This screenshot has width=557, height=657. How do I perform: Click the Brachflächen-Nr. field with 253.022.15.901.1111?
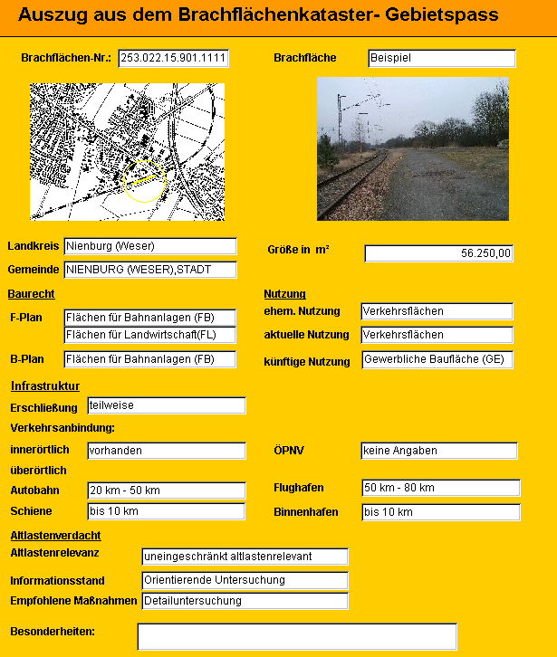click(x=173, y=58)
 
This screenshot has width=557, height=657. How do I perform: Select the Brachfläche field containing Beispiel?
click(x=441, y=58)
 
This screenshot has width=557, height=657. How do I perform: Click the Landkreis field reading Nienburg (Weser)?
click(x=149, y=246)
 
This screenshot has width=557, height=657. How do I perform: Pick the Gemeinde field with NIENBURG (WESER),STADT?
click(x=149, y=270)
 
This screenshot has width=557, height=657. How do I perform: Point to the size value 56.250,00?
click(x=438, y=253)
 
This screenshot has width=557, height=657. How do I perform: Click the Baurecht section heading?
click(x=32, y=294)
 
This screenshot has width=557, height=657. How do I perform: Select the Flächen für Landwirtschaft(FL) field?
click(x=150, y=335)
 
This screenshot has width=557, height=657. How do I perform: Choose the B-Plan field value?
click(x=150, y=359)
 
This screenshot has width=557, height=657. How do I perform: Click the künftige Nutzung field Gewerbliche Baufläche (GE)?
click(x=437, y=359)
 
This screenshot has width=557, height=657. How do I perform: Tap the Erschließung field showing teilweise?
click(x=166, y=405)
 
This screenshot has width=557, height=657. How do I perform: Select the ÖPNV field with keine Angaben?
click(x=438, y=450)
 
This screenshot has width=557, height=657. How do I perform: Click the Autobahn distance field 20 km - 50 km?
click(x=166, y=490)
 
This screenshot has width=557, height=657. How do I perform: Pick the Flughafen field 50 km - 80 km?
click(x=440, y=488)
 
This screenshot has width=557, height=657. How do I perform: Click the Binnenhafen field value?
click(x=440, y=511)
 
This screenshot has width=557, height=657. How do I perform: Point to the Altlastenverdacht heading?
click(x=55, y=535)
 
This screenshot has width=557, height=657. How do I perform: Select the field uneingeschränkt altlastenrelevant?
click(x=245, y=556)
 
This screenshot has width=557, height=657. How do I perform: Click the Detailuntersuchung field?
click(x=245, y=601)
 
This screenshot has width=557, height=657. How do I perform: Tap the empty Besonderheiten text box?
click(x=296, y=636)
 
